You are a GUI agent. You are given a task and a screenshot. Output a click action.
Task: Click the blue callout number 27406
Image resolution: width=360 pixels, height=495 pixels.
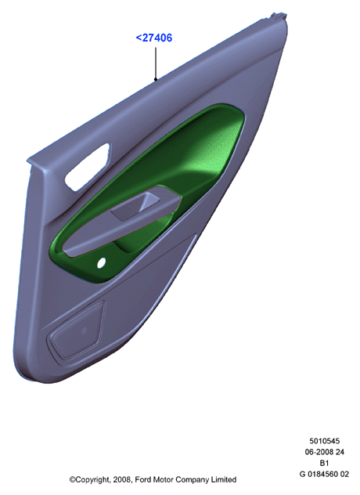[157, 38]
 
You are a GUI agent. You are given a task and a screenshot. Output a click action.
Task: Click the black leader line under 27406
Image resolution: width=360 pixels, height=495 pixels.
[156, 63]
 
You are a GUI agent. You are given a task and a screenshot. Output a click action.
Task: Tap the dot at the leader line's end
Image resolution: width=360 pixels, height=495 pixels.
[156, 79]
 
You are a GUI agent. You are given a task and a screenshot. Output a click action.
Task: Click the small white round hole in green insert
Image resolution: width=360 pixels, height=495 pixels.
[101, 263]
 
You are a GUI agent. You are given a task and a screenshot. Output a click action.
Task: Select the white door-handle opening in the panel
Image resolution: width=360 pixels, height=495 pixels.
[87, 167]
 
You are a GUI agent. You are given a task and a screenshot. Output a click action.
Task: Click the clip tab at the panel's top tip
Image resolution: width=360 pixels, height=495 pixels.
[279, 16]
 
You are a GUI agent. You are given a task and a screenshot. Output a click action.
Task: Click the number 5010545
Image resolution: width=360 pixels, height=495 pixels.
[324, 441]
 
